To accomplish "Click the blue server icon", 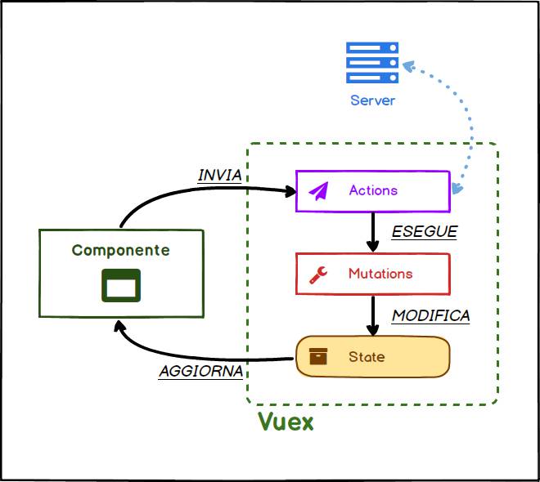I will click(372, 63).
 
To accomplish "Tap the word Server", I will click(372, 100).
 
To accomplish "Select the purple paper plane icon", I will click(318, 191).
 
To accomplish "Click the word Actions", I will click(373, 190).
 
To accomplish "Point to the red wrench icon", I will click(318, 274).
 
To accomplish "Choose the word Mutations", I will click(380, 274).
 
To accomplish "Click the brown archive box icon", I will click(318, 357).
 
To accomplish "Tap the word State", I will click(367, 357).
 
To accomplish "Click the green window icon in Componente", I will click(121, 285).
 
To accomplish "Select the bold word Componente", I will click(121, 250).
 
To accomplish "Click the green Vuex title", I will click(286, 423).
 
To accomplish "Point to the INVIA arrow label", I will click(220, 176).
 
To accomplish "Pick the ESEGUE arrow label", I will click(424, 231).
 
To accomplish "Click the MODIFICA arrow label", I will click(431, 315).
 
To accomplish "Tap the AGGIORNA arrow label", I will click(201, 371).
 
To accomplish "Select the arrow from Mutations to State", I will click(373, 315).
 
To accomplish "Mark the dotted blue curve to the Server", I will click(467, 123).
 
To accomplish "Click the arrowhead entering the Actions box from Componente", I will click(289, 192).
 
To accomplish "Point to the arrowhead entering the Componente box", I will click(120, 328).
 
